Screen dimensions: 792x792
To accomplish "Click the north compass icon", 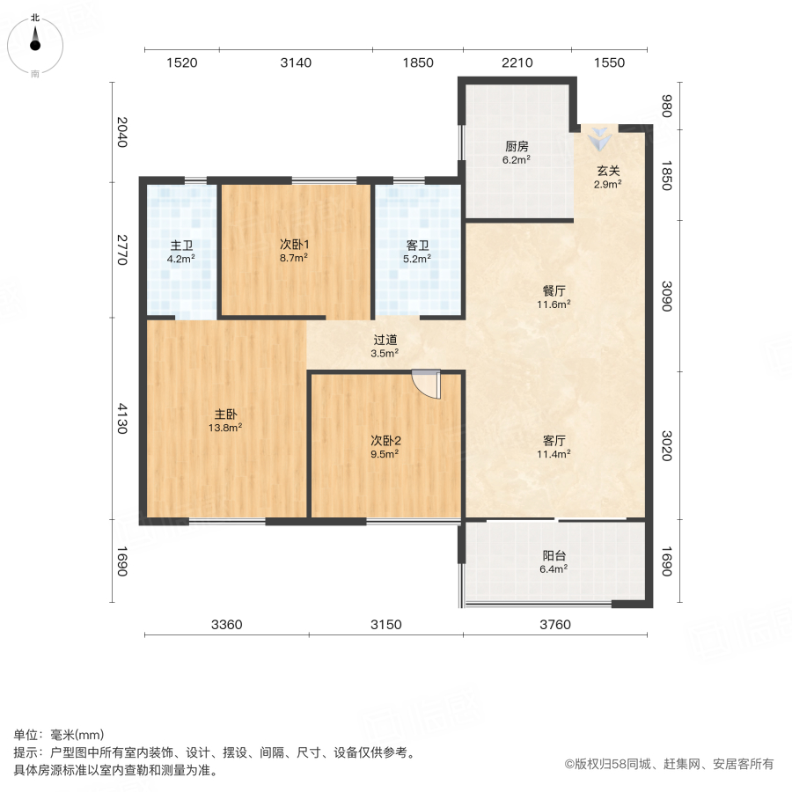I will [x=34, y=41].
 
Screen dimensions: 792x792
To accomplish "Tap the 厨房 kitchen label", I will [x=517, y=147].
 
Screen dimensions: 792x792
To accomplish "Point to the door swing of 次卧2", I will [x=426, y=384].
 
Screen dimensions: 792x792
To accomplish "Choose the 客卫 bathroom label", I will [x=417, y=246].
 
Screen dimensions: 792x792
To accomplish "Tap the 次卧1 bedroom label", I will [x=294, y=245].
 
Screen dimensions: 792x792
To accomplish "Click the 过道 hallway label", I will [x=385, y=339].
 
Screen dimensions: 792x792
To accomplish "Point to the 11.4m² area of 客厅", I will [x=554, y=454].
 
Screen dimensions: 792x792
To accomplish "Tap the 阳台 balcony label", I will [x=554, y=555].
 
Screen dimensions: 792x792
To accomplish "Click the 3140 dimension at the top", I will [x=296, y=62].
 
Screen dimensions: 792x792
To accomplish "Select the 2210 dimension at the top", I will [x=517, y=62].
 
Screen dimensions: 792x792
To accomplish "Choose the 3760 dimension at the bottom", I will [x=555, y=625].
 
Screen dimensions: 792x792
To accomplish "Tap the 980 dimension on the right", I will [x=666, y=106].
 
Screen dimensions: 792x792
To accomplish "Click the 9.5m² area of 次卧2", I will [x=385, y=454].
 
